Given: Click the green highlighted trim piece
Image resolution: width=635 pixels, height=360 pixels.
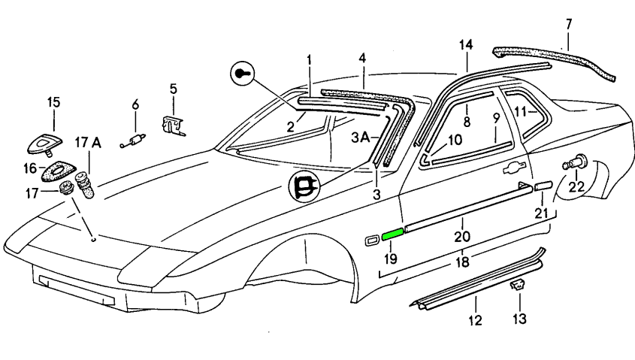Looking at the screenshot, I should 393,234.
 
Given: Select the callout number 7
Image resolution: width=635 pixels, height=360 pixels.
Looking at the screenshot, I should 569,25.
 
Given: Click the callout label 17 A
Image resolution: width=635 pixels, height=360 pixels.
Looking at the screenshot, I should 88,141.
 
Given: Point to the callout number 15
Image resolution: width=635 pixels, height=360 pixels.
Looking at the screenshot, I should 54,101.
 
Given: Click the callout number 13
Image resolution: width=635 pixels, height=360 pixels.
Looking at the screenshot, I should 520,318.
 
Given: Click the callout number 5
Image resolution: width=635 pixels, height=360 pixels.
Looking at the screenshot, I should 173,89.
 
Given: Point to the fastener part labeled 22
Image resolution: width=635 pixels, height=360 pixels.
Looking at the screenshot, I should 576,162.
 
